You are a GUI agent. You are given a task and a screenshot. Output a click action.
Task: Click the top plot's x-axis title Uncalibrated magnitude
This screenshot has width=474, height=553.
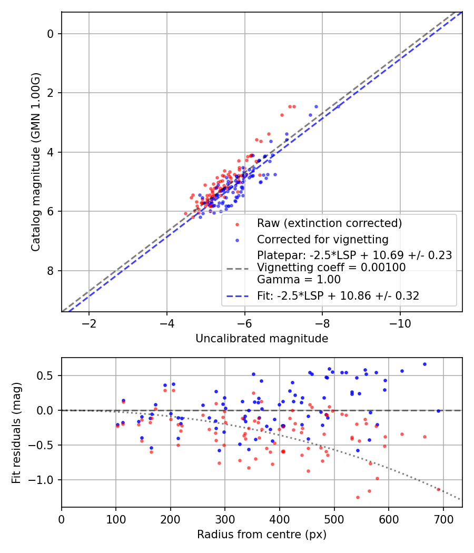pyautogui.click(x=262, y=339)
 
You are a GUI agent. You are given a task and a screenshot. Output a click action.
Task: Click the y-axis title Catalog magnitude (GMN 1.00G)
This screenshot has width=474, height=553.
pyautogui.click(x=35, y=162)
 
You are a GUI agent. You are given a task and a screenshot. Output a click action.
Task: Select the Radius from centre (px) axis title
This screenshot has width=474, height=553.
pyautogui.click(x=262, y=535)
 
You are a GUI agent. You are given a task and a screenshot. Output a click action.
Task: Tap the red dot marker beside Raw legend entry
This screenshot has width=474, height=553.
pyautogui.click(x=237, y=223)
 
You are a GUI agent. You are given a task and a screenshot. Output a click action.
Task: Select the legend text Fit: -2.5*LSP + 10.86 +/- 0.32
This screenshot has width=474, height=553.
pyautogui.click(x=338, y=296)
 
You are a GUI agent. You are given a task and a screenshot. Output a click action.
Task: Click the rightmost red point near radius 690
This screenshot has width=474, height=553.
pyautogui.click(x=438, y=489)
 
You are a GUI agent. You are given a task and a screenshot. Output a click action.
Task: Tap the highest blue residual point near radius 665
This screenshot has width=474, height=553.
pyautogui.click(x=424, y=364)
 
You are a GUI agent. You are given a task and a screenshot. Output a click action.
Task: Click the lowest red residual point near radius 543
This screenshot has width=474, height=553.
pyautogui.click(x=358, y=497)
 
